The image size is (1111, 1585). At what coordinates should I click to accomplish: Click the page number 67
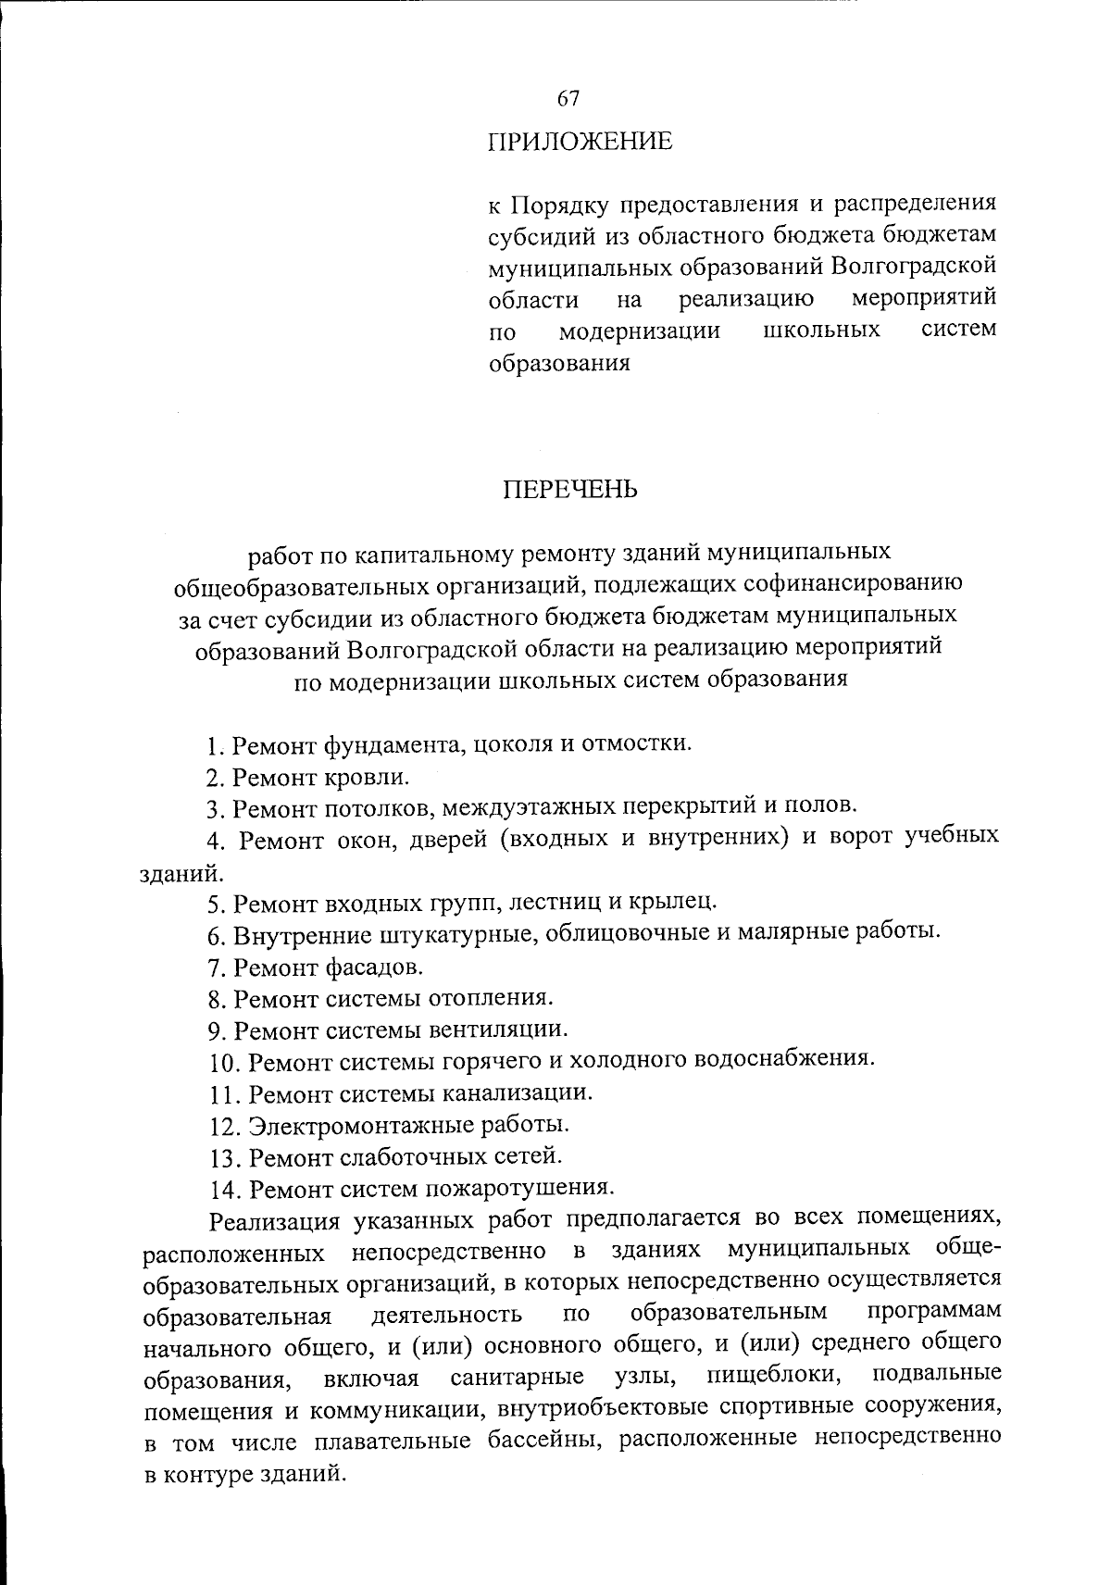point(568,98)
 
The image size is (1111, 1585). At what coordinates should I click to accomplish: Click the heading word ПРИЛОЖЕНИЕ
point(580,143)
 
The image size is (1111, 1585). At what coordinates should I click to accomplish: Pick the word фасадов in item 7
point(374,967)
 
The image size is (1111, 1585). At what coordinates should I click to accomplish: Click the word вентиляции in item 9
point(496,1030)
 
